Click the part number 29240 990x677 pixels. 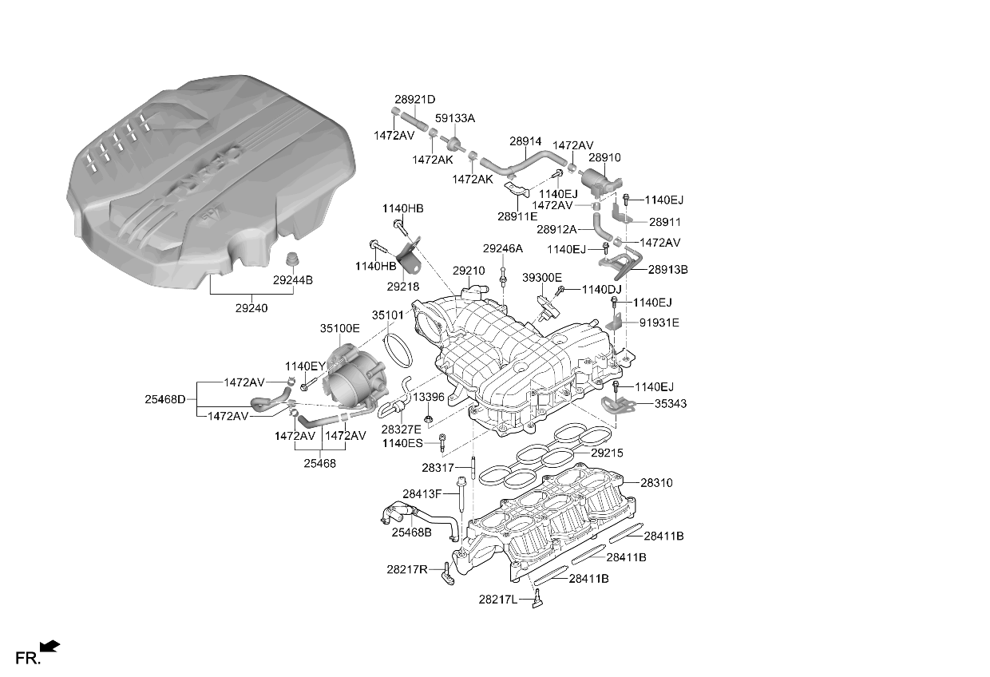251,308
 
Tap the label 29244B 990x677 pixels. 292,280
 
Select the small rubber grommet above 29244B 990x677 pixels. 291,259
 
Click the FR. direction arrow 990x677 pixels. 49,646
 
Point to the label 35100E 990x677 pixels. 340,328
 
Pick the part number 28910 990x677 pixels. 604,157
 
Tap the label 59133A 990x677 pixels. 455,118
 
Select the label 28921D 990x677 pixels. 415,100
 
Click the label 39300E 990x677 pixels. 542,278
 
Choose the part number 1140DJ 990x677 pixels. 601,290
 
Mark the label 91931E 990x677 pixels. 659,323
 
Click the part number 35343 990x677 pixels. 671,403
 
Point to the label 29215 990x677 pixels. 607,453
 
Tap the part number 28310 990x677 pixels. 656,482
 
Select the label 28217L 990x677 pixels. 497,600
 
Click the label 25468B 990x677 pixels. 411,532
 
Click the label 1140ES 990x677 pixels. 402,443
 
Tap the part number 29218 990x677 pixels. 402,287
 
